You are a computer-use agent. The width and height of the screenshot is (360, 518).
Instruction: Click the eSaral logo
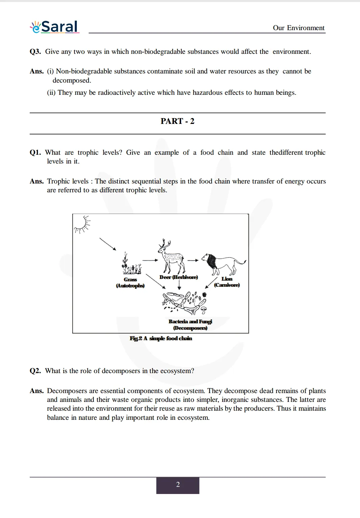click(x=55, y=27)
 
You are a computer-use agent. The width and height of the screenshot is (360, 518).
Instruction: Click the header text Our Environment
click(x=298, y=28)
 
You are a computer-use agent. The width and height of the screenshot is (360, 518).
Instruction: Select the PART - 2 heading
click(x=177, y=121)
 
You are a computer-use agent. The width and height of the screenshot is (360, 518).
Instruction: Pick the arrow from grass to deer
click(x=150, y=260)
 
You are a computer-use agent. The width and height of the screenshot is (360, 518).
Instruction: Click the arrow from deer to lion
click(x=193, y=260)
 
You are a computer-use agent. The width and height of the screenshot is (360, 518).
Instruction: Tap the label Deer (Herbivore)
click(x=178, y=277)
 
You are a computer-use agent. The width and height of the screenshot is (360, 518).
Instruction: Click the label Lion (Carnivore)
click(x=227, y=282)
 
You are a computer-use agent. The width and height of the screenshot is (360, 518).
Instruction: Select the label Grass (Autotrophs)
click(x=130, y=283)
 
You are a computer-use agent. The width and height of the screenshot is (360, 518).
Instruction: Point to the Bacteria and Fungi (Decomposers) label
click(x=190, y=325)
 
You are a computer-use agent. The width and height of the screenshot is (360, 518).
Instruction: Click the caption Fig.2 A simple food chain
click(x=161, y=338)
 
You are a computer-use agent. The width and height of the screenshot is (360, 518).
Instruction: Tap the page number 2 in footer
click(x=178, y=485)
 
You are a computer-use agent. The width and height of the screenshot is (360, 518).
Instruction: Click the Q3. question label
click(x=35, y=51)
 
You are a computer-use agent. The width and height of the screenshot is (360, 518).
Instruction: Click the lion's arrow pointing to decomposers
click(x=211, y=283)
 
